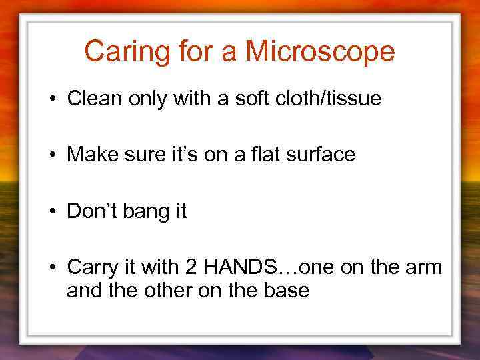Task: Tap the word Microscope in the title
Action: (320, 52)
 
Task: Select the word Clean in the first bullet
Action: (91, 99)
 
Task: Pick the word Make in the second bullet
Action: (91, 155)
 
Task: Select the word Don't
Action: (91, 211)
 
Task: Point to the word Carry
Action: (90, 269)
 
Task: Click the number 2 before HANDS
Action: (191, 267)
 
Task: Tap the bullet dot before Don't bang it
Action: (51, 213)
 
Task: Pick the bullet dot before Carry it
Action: (51, 269)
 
